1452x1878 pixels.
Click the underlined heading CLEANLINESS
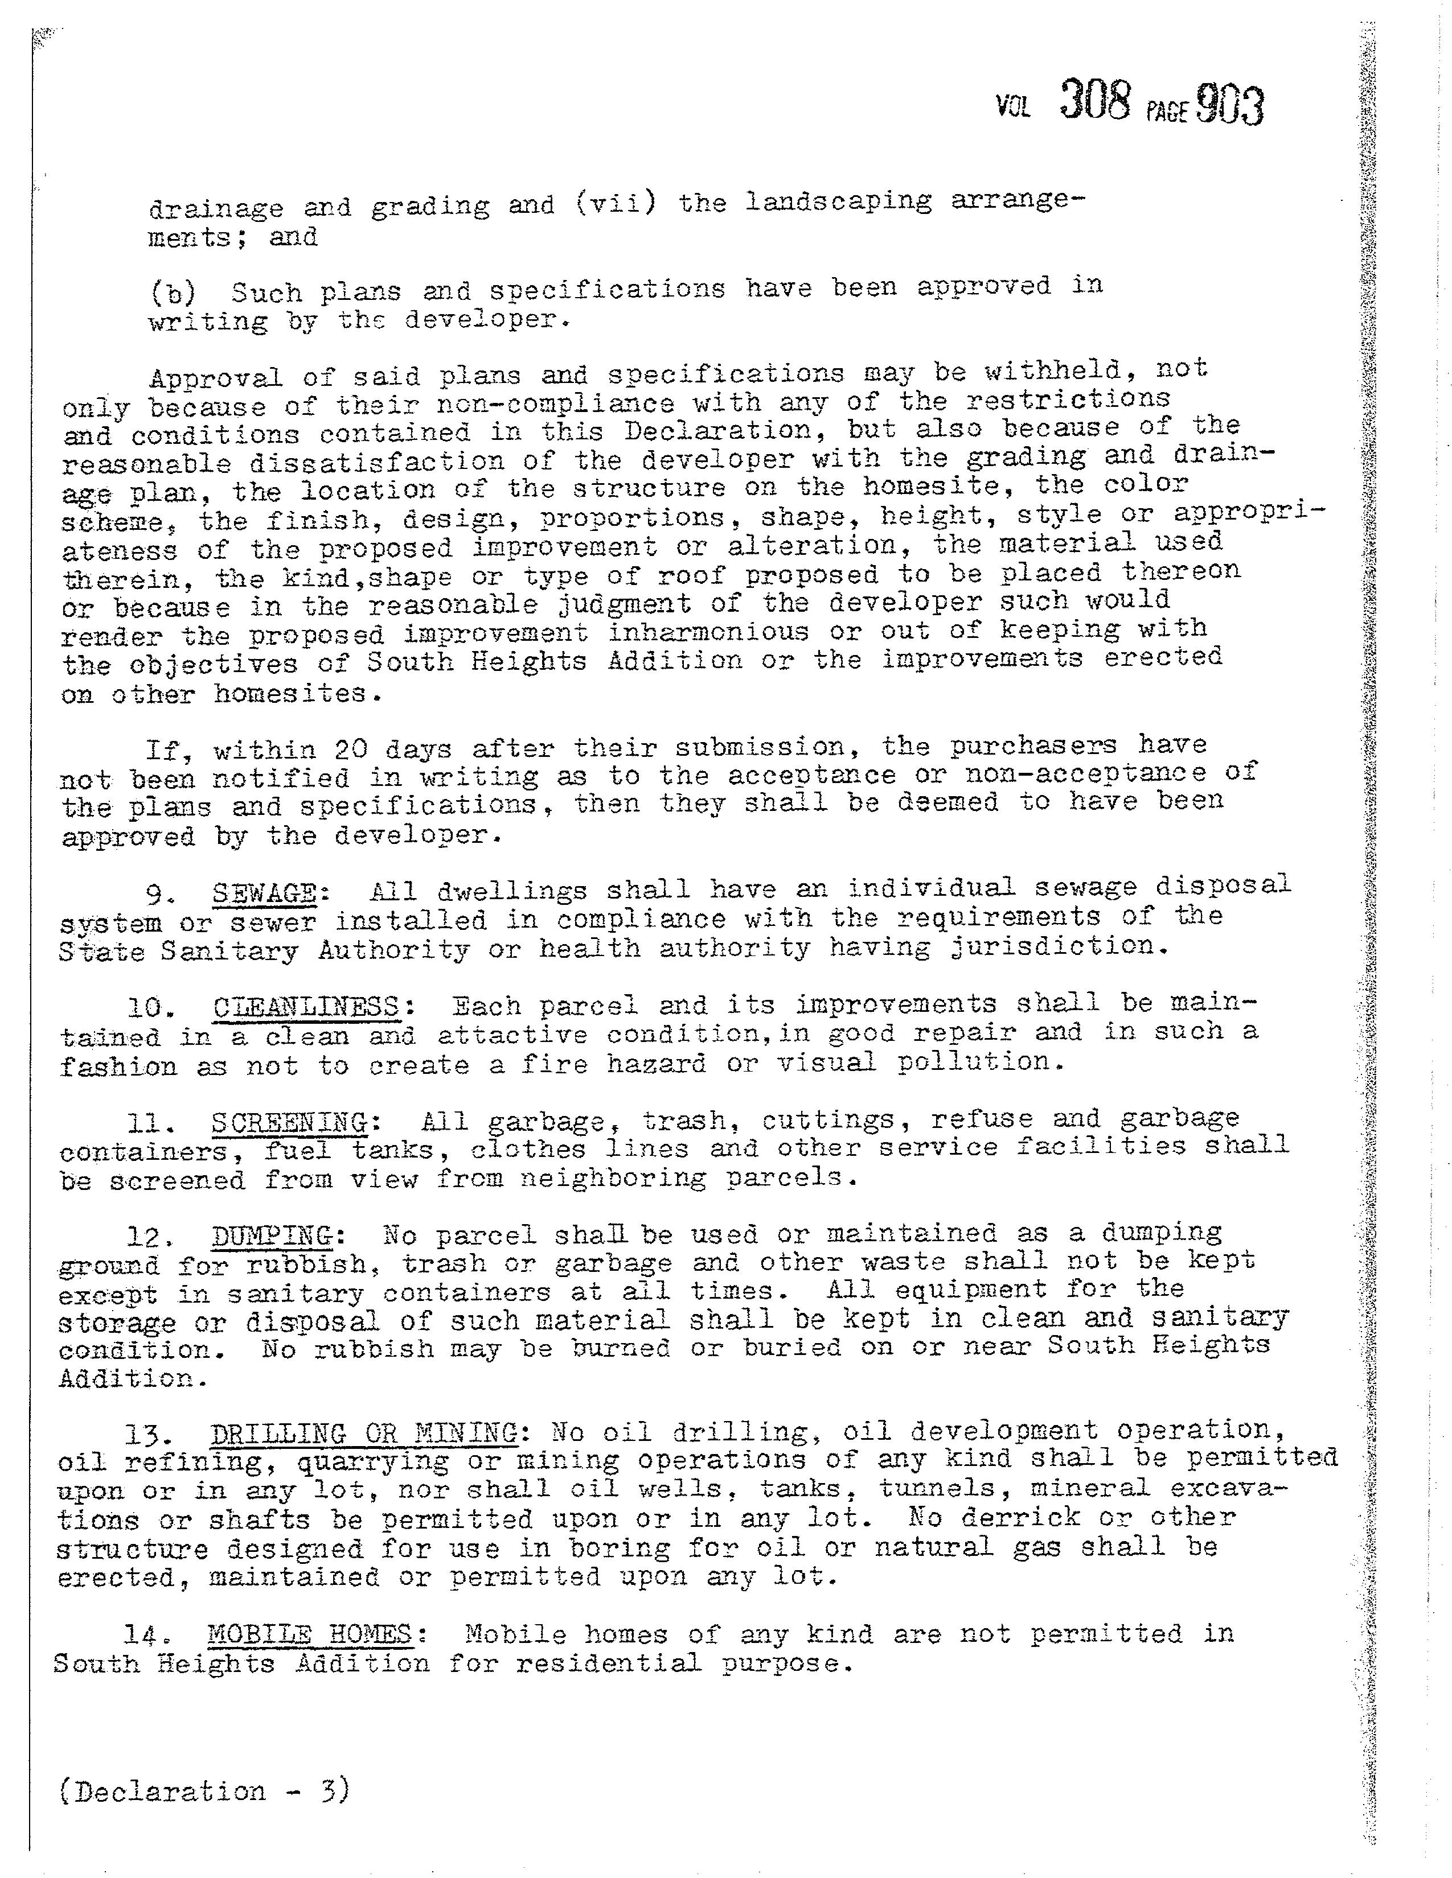[x=306, y=1006]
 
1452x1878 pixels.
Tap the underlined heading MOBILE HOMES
[x=309, y=1634]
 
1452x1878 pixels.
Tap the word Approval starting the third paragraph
[x=215, y=378]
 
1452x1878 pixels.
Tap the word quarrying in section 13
[x=372, y=1462]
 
